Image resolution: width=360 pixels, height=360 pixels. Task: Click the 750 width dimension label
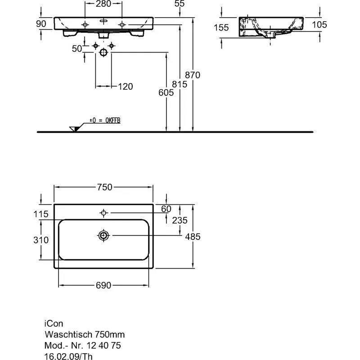(x=104, y=187)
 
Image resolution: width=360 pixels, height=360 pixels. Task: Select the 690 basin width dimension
(x=103, y=285)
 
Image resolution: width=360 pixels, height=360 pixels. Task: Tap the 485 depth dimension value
(x=193, y=237)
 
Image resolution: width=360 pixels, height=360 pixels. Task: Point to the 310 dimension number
(x=41, y=240)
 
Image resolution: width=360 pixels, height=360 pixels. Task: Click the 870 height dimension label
(x=193, y=75)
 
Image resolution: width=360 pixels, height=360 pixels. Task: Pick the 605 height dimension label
(x=166, y=93)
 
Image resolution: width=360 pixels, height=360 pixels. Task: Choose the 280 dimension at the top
(x=103, y=4)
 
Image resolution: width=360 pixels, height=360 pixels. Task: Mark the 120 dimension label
(x=126, y=86)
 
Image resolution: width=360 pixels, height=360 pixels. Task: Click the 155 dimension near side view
(x=221, y=27)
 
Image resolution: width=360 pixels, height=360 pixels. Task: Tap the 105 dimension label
(x=319, y=25)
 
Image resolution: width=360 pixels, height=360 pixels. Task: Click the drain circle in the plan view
(x=103, y=235)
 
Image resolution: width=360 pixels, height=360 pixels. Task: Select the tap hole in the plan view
(x=103, y=213)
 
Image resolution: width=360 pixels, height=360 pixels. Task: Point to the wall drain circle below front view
(x=103, y=53)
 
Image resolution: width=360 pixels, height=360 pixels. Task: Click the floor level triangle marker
(x=75, y=129)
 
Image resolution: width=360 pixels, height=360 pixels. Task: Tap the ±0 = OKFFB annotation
(x=105, y=121)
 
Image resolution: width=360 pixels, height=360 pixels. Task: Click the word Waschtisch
(x=68, y=334)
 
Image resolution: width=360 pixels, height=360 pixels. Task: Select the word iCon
(x=54, y=324)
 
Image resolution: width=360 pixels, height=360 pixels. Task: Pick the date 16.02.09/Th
(x=68, y=356)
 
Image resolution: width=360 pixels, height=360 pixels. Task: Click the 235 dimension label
(x=180, y=220)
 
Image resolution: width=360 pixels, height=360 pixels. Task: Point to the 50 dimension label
(x=77, y=49)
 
